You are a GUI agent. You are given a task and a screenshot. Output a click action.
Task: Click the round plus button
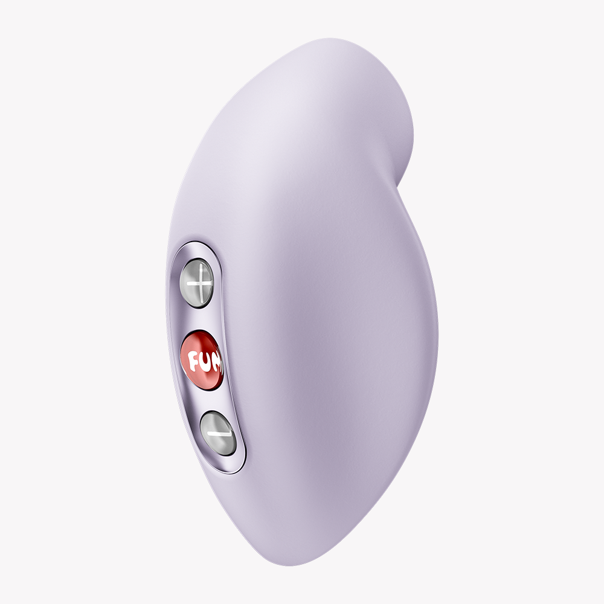(197, 283)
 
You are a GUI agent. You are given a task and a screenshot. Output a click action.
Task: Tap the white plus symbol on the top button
(199, 284)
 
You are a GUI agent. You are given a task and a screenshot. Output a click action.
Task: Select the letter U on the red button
(205, 362)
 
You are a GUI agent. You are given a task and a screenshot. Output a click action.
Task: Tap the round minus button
(218, 433)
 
